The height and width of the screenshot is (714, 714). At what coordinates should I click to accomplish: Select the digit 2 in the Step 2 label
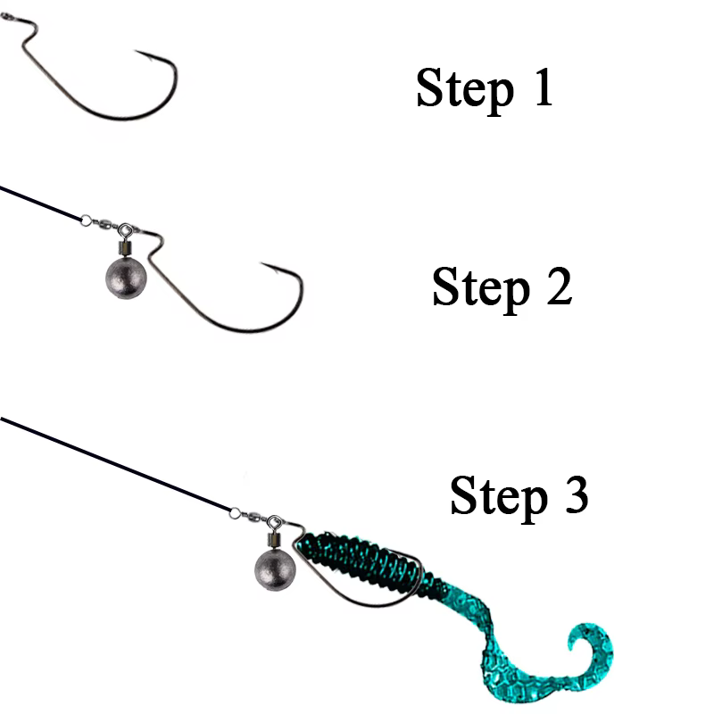559,286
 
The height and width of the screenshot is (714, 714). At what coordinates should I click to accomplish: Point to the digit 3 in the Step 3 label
576,494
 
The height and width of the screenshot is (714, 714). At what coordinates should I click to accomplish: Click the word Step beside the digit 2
481,289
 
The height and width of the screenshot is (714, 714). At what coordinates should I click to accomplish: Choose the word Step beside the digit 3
499,498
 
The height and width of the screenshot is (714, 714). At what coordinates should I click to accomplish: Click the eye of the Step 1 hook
5,17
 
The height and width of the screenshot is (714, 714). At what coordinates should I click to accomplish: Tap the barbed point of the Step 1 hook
137,51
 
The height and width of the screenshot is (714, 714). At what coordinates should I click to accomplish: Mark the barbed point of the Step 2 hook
262,263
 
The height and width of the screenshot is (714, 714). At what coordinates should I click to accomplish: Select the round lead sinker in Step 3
275,570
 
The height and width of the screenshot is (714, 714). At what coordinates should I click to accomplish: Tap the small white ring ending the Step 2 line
86,220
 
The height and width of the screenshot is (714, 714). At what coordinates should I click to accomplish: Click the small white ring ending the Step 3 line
235,513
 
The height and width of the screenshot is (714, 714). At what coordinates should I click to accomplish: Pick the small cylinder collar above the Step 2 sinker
125,248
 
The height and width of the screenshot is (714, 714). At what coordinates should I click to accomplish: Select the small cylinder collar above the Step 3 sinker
274,540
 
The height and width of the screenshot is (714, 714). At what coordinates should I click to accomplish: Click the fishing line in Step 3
116,464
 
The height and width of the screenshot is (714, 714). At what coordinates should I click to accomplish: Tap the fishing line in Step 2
40,203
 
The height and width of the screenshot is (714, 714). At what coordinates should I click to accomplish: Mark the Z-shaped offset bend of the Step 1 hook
28,34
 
